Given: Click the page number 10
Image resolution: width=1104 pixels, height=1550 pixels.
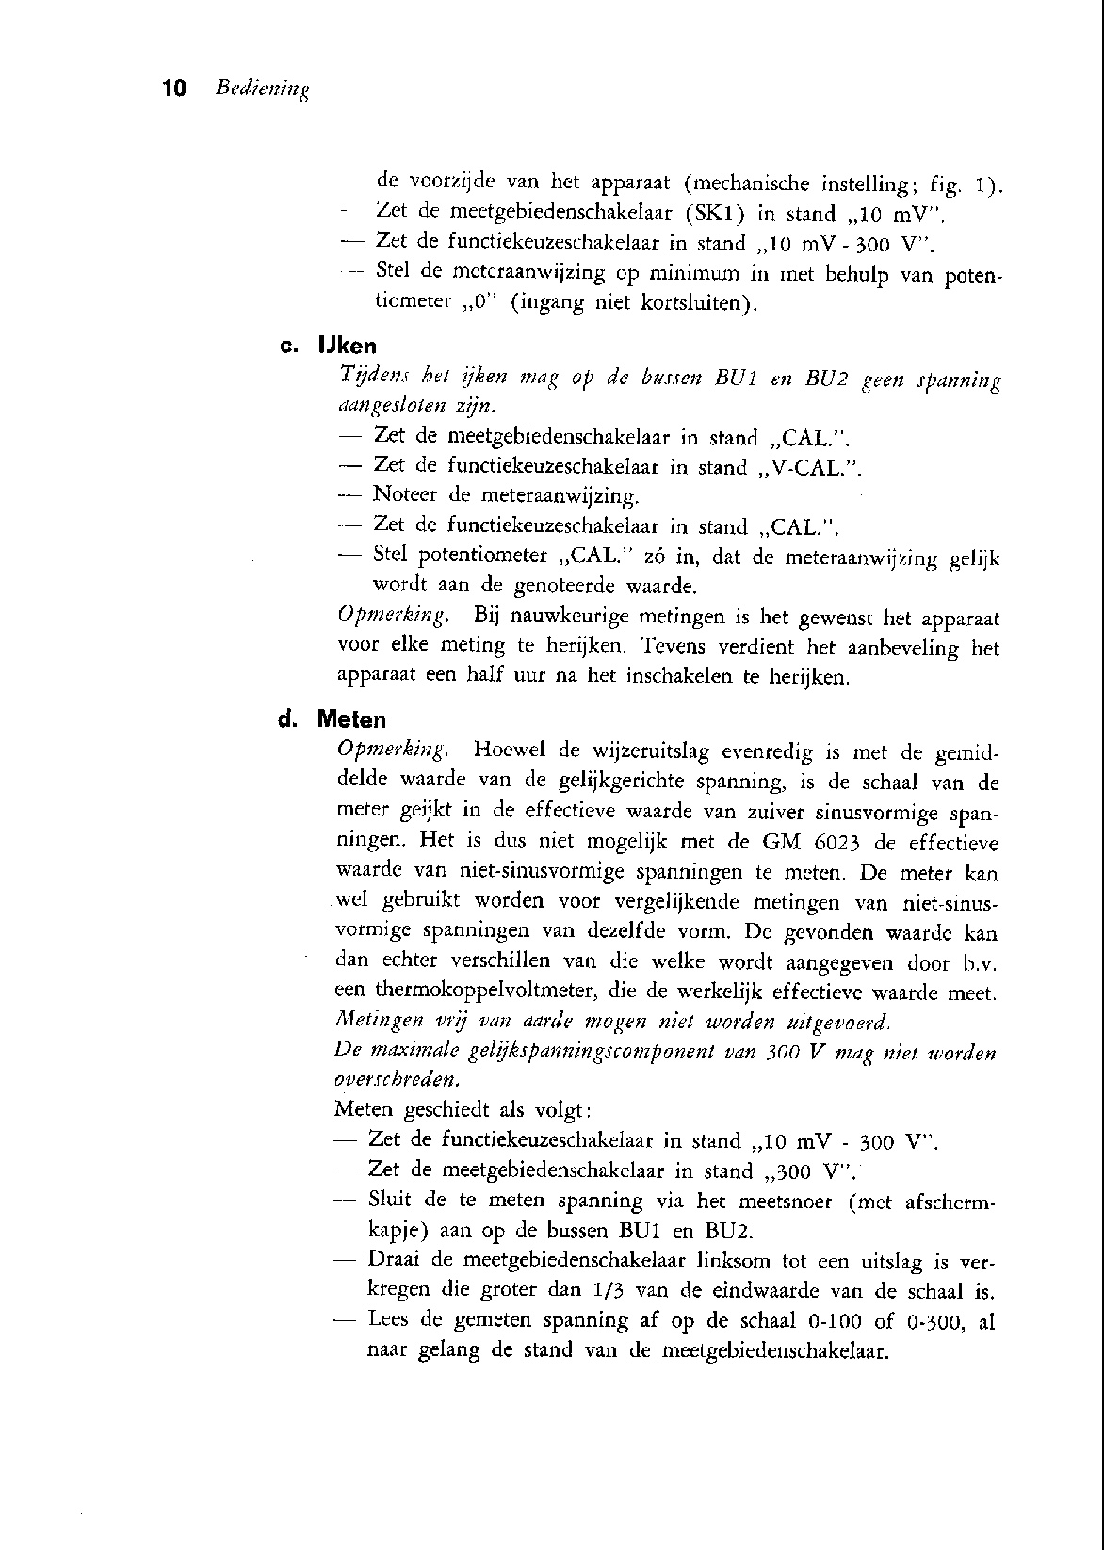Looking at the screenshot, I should (174, 89).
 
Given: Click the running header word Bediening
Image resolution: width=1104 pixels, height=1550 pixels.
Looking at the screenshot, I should (263, 90).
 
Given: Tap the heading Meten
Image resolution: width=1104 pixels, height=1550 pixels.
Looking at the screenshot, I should (351, 720).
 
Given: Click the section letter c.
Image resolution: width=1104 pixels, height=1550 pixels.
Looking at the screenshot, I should (289, 347).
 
